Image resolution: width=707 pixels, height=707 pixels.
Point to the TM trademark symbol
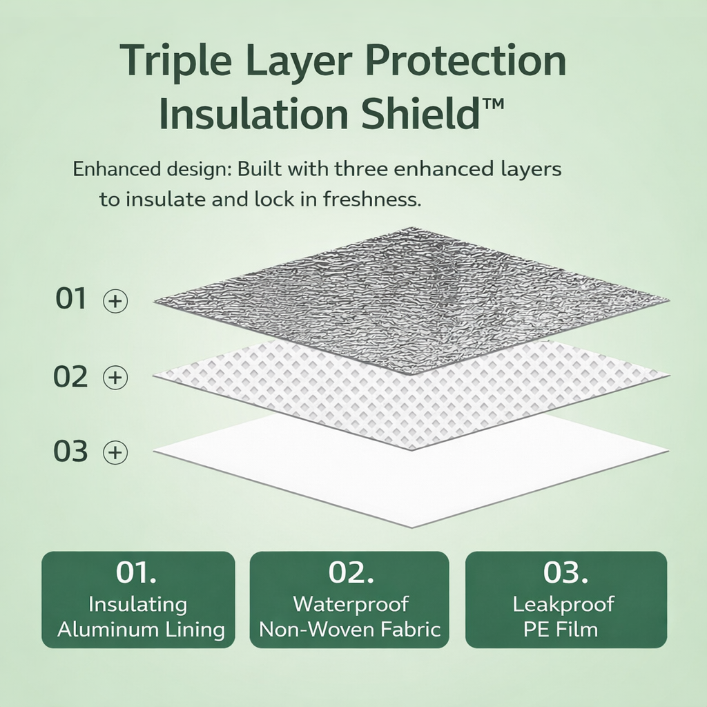click(493, 104)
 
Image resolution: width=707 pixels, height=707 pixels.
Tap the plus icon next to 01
click(115, 301)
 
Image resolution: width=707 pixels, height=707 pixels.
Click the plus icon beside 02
click(115, 377)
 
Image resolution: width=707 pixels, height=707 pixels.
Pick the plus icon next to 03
click(115, 452)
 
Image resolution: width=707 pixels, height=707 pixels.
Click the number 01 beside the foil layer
click(71, 298)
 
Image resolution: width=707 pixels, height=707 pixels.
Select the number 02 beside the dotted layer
click(70, 376)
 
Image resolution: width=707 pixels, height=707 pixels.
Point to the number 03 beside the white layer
click(70, 451)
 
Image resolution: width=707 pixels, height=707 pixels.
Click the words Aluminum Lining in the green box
click(141, 630)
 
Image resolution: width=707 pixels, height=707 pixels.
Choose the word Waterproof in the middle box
click(351, 604)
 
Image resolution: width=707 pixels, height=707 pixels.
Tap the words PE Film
click(561, 630)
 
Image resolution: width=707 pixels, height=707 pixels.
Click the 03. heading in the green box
click(565, 572)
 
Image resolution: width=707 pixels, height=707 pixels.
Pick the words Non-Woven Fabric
click(350, 630)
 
